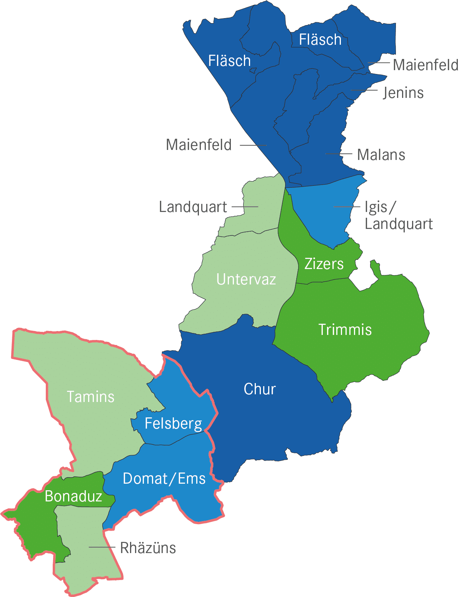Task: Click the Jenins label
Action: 403,93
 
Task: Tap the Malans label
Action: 381,155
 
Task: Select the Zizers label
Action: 324,264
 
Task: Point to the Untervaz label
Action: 246,279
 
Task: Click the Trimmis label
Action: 345,330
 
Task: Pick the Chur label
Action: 260,389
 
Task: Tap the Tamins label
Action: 91,397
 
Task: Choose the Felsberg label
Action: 173,424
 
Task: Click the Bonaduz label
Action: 73,496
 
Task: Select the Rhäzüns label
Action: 148,548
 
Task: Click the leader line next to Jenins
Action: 364,91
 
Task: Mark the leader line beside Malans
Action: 339,154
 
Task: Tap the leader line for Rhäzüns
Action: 102,547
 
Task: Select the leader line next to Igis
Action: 347,207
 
